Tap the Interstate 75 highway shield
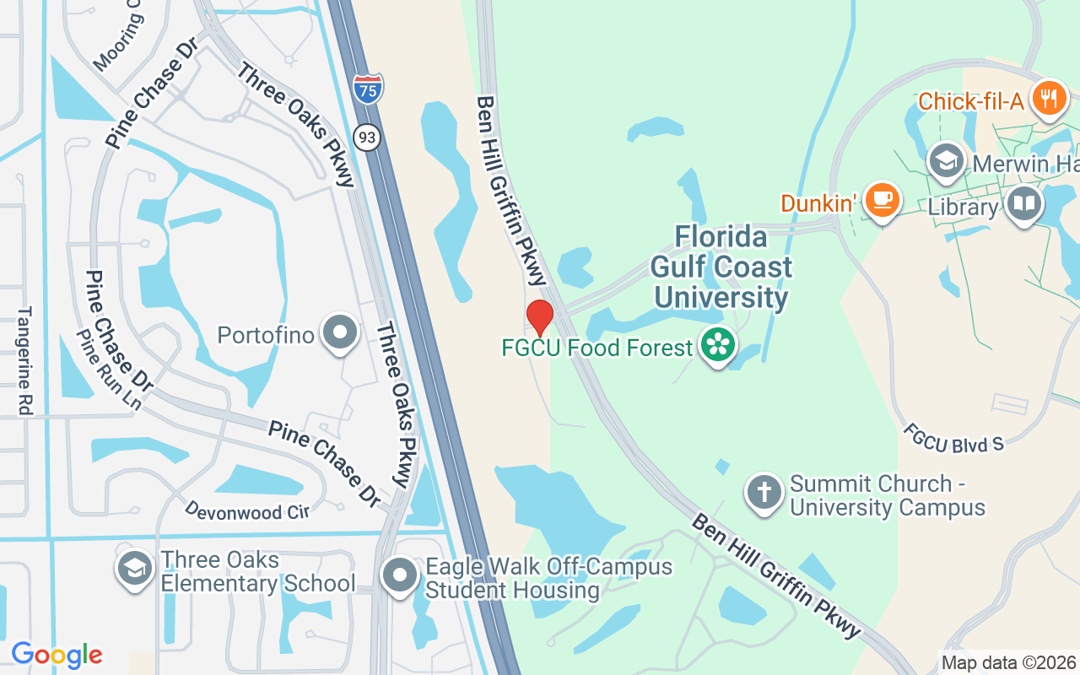368,89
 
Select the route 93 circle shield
367,137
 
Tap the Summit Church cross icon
764,494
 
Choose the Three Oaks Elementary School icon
134,570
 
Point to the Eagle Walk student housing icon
400,577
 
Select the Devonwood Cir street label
246,510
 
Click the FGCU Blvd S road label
953,437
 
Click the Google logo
57,655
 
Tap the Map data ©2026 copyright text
1008,663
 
